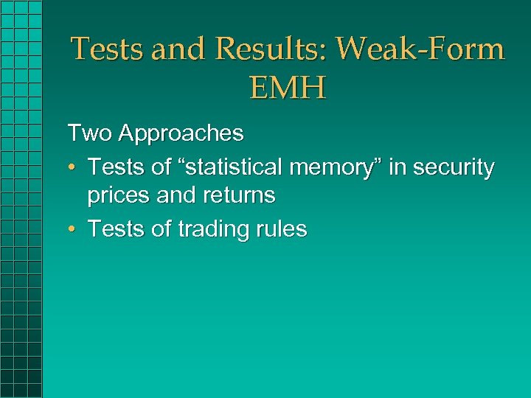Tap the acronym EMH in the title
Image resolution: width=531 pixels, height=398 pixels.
(x=288, y=88)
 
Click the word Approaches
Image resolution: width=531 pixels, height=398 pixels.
(x=181, y=133)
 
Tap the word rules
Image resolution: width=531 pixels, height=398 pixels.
(x=281, y=229)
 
